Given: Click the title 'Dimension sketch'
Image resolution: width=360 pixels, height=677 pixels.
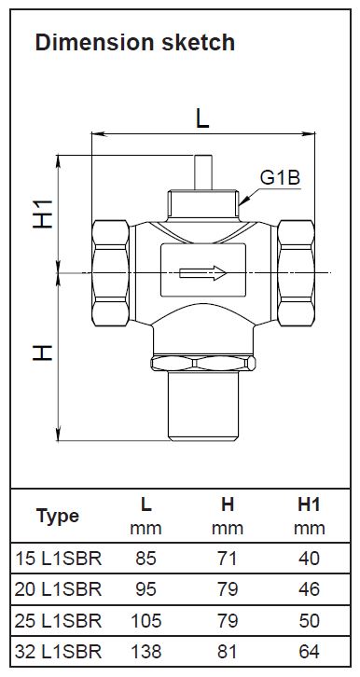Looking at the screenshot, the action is coord(135,43).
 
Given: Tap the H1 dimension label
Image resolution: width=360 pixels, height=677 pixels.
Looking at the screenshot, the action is coord(43,214).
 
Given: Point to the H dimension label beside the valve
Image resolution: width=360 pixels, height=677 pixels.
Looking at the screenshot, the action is coord(43,352).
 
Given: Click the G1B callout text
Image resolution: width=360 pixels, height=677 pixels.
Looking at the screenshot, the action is coord(280,178).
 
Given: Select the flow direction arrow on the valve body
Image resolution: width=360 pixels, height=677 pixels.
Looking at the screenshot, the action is coord(203,273).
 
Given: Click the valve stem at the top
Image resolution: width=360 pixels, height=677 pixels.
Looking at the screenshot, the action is coord(203,173).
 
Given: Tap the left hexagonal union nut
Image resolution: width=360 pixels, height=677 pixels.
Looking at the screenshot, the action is coord(111,273).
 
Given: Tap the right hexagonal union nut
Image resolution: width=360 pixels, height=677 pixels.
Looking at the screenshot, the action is coord(297,273).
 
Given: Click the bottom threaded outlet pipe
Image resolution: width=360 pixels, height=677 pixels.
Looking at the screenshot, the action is coord(203,406).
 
